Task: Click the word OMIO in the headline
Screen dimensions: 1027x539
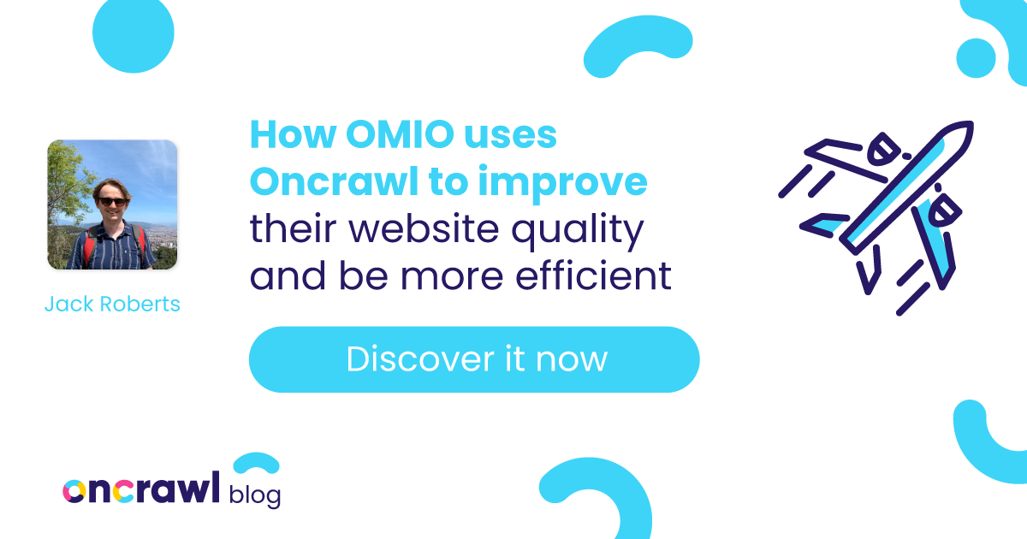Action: click(400, 135)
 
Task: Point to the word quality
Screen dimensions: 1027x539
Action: click(578, 232)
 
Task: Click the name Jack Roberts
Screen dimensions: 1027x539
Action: click(112, 304)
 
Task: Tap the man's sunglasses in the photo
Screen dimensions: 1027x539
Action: click(112, 201)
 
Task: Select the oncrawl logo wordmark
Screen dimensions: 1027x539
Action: click(141, 488)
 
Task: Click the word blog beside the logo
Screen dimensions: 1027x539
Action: click(255, 495)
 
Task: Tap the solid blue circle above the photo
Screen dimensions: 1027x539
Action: click(134, 33)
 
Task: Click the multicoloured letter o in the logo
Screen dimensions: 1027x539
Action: click(74, 491)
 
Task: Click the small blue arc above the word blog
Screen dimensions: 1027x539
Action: click(256, 462)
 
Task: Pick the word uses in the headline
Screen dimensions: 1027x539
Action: click(510, 137)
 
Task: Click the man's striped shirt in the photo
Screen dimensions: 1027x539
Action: click(112, 247)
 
